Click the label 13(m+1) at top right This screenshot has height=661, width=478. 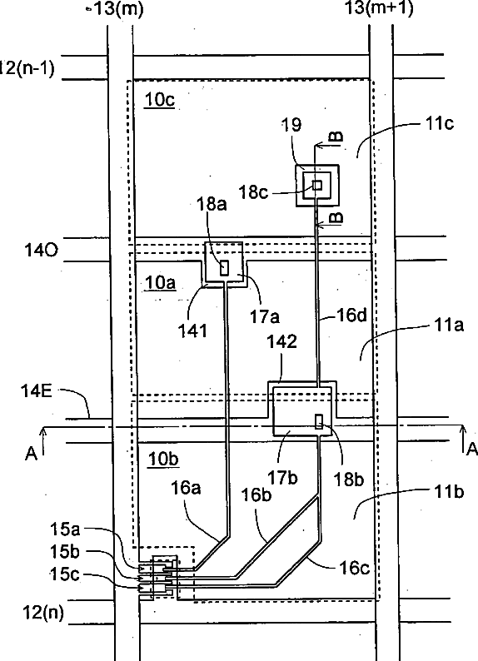379,8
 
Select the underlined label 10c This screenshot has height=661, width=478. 159,100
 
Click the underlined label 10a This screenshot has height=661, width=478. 160,283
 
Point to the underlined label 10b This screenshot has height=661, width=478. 163,459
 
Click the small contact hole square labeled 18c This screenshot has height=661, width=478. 317,185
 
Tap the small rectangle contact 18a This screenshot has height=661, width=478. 225,268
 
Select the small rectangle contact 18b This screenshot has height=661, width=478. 320,421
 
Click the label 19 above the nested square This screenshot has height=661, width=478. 291,124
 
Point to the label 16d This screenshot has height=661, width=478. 351,315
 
